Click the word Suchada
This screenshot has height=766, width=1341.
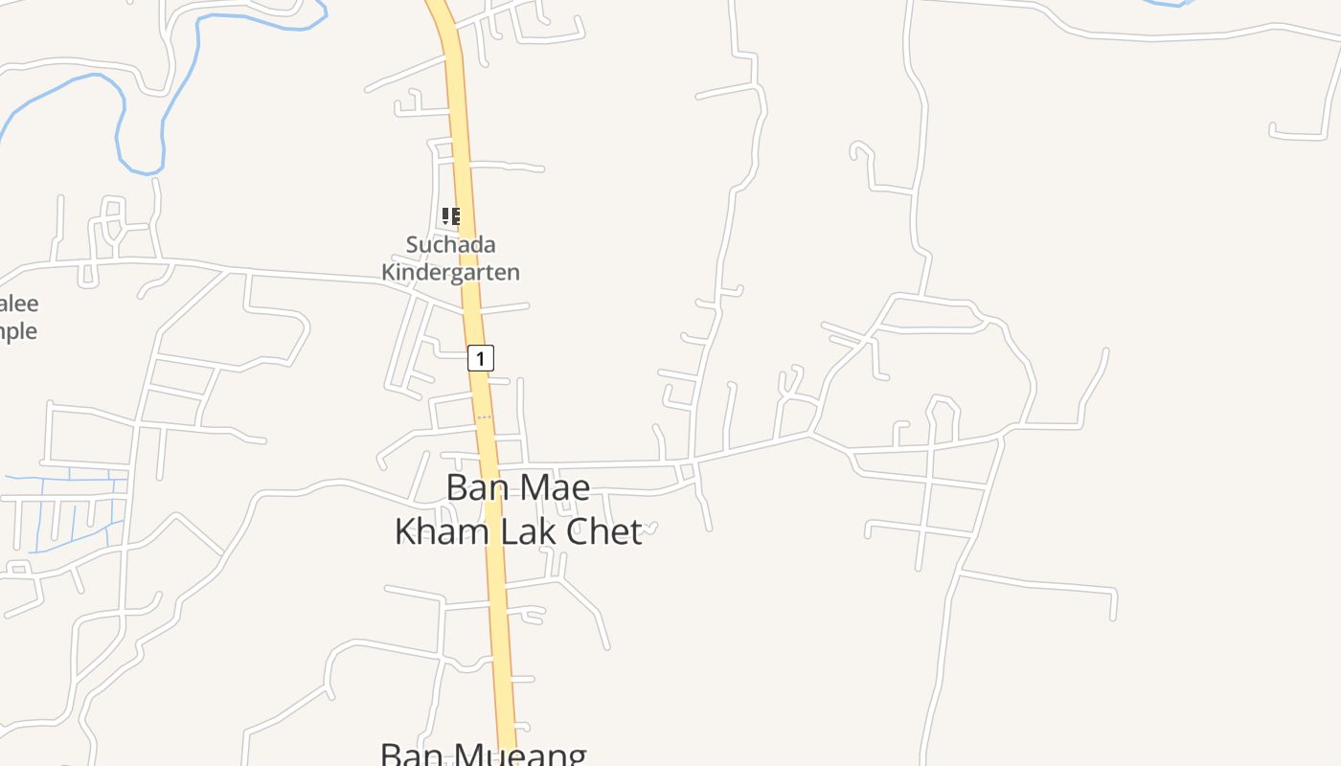click(450, 244)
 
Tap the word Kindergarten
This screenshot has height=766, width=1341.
click(450, 272)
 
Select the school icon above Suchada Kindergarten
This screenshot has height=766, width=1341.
click(450, 216)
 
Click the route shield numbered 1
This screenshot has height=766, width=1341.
click(481, 358)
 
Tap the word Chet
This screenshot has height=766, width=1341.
click(604, 531)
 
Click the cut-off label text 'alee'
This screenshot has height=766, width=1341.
click(19, 304)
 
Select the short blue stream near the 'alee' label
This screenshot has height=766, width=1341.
click(1164, 4)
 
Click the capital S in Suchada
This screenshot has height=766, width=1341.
click(413, 244)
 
